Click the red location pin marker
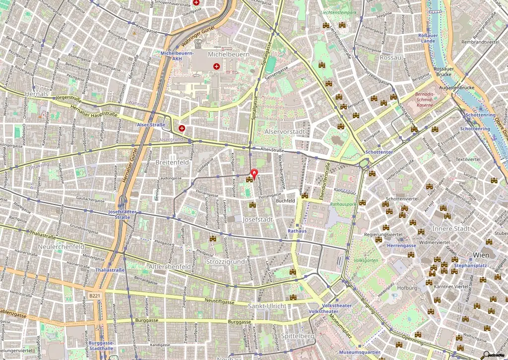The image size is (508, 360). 255,174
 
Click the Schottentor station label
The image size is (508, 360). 379,151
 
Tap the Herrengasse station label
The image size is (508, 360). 401,245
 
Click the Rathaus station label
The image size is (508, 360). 297,231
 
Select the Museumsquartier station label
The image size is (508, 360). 359,352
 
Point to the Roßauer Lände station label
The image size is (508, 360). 428,38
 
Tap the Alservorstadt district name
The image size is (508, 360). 284,131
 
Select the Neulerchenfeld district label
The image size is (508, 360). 50,246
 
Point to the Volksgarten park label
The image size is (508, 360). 366,260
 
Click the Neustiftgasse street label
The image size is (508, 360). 219,301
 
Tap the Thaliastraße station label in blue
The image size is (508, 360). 110,270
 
